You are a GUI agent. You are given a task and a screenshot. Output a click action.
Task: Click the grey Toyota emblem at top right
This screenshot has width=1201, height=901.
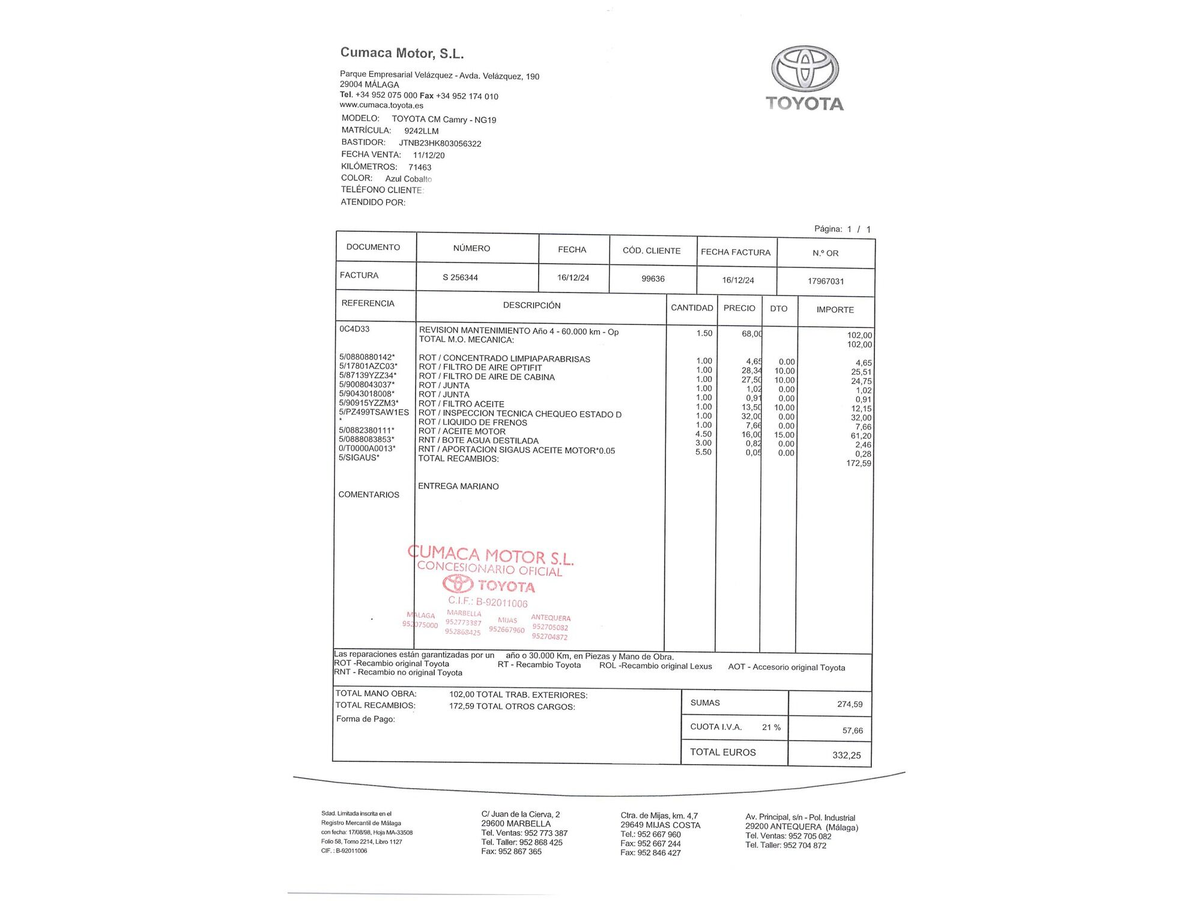pyautogui.click(x=805, y=70)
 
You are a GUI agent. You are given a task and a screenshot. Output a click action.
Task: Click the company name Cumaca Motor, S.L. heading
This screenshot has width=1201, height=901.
pyautogui.click(x=402, y=53)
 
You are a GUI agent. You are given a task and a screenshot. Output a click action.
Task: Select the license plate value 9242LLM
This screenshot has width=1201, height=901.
pyautogui.click(x=421, y=131)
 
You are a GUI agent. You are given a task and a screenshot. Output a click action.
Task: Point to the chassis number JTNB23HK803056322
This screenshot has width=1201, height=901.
pyautogui.click(x=440, y=144)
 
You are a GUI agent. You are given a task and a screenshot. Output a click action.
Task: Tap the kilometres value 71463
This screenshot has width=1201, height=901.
pyautogui.click(x=420, y=167)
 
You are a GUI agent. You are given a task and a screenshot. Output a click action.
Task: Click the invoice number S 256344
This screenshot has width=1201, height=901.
pyautogui.click(x=460, y=278)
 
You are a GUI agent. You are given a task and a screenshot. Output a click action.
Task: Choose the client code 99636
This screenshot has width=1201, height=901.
pyautogui.click(x=653, y=279)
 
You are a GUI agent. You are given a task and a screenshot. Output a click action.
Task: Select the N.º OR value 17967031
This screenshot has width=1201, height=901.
pyautogui.click(x=826, y=281)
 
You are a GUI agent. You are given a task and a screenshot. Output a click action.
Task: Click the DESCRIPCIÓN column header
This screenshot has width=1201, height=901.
pyautogui.click(x=531, y=305)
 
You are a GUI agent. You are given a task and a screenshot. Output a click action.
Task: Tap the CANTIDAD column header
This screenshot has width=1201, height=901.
pyautogui.click(x=692, y=308)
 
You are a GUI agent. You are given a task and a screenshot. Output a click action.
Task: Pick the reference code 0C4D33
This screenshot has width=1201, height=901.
pyautogui.click(x=354, y=329)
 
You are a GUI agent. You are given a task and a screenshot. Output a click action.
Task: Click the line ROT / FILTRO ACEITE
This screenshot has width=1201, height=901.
pyautogui.click(x=461, y=404)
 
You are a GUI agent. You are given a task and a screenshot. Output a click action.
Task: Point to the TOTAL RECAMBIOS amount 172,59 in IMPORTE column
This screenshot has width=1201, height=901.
pyautogui.click(x=858, y=463)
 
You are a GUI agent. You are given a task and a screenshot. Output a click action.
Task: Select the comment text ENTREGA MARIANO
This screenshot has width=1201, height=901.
pyautogui.click(x=458, y=486)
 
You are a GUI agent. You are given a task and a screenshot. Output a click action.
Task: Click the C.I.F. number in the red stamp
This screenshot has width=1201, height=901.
pyautogui.click(x=488, y=602)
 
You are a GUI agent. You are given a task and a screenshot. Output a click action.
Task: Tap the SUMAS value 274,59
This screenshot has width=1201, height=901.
pyautogui.click(x=850, y=704)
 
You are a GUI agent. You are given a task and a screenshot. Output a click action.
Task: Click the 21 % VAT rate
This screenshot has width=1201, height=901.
pyautogui.click(x=771, y=727)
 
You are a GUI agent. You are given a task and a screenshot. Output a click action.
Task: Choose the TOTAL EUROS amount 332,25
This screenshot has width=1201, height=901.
pyautogui.click(x=846, y=755)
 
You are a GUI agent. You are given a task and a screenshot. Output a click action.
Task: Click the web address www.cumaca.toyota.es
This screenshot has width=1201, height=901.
pyautogui.click(x=381, y=105)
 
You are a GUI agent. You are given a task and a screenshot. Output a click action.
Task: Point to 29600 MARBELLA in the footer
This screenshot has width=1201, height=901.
pyautogui.click(x=515, y=824)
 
